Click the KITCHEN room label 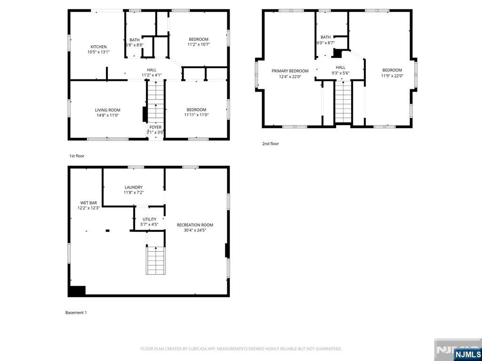click(98, 47)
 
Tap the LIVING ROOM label click(108, 110)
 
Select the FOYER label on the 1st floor click(155, 127)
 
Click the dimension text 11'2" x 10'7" click(199, 45)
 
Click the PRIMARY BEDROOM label click(290, 71)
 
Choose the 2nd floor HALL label click(340, 67)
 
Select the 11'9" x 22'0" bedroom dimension click(392, 76)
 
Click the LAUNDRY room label click(134, 187)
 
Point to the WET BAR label click(88, 203)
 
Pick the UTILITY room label click(149, 219)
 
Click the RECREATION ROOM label click(195, 225)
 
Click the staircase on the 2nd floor click(343, 102)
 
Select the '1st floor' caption click(77, 156)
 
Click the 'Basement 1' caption click(76, 313)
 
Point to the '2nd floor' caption click(271, 144)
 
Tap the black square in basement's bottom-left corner click(77, 291)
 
